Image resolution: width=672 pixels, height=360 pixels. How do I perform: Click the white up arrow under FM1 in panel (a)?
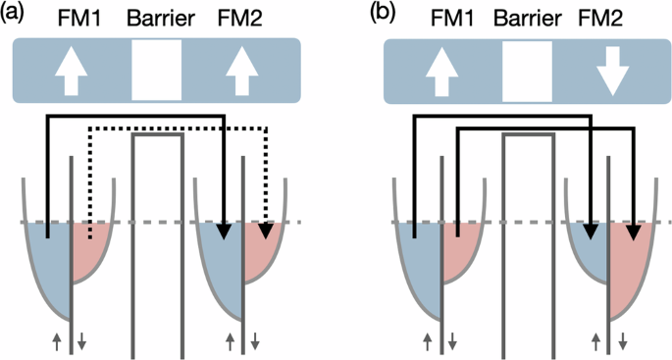(x=69, y=74)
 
